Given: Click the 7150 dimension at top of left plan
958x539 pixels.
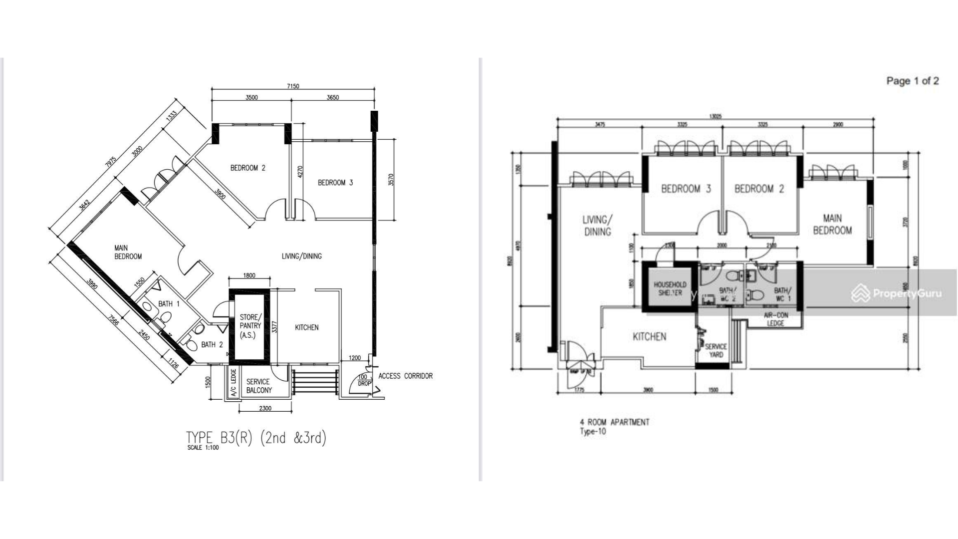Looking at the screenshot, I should coord(293,86).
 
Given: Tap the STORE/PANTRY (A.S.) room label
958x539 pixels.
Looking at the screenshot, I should coord(249,326).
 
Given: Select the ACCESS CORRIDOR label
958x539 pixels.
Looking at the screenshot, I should coord(405,376).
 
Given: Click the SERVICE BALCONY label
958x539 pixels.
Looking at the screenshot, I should coord(258,386).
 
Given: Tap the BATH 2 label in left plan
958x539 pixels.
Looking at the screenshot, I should coord(212,344).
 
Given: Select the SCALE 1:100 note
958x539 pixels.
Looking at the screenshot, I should coord(203,448).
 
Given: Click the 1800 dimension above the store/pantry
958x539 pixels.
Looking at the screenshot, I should coord(249,275).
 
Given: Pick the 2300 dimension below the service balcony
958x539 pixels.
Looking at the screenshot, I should coord(265,408).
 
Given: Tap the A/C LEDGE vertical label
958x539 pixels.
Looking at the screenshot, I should coord(233,382).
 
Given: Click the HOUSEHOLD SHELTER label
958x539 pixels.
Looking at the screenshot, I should coord(670,288).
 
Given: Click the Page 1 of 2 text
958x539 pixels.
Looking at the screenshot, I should coord(912,81).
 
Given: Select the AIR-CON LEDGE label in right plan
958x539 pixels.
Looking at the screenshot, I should coord(775,319).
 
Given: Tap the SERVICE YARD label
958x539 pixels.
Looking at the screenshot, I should coord(716,350).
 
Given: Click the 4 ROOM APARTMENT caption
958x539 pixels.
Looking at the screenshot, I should coord(614,422).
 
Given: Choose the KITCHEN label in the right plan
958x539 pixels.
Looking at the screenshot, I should coord(649,337).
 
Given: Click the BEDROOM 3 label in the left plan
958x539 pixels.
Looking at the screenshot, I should coord(335,183).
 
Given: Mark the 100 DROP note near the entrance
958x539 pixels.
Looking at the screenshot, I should coord(364,380).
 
